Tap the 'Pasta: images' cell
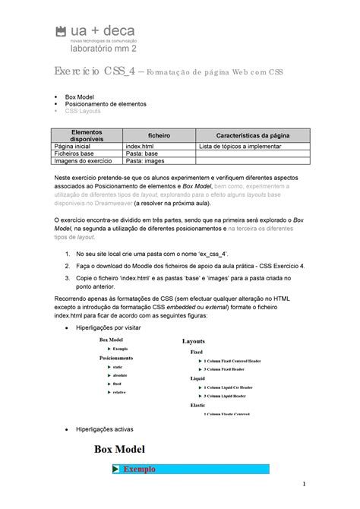click(145, 160)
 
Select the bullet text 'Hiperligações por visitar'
click(109, 327)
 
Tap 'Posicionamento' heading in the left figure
click(116, 356)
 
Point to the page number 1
click(302, 484)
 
